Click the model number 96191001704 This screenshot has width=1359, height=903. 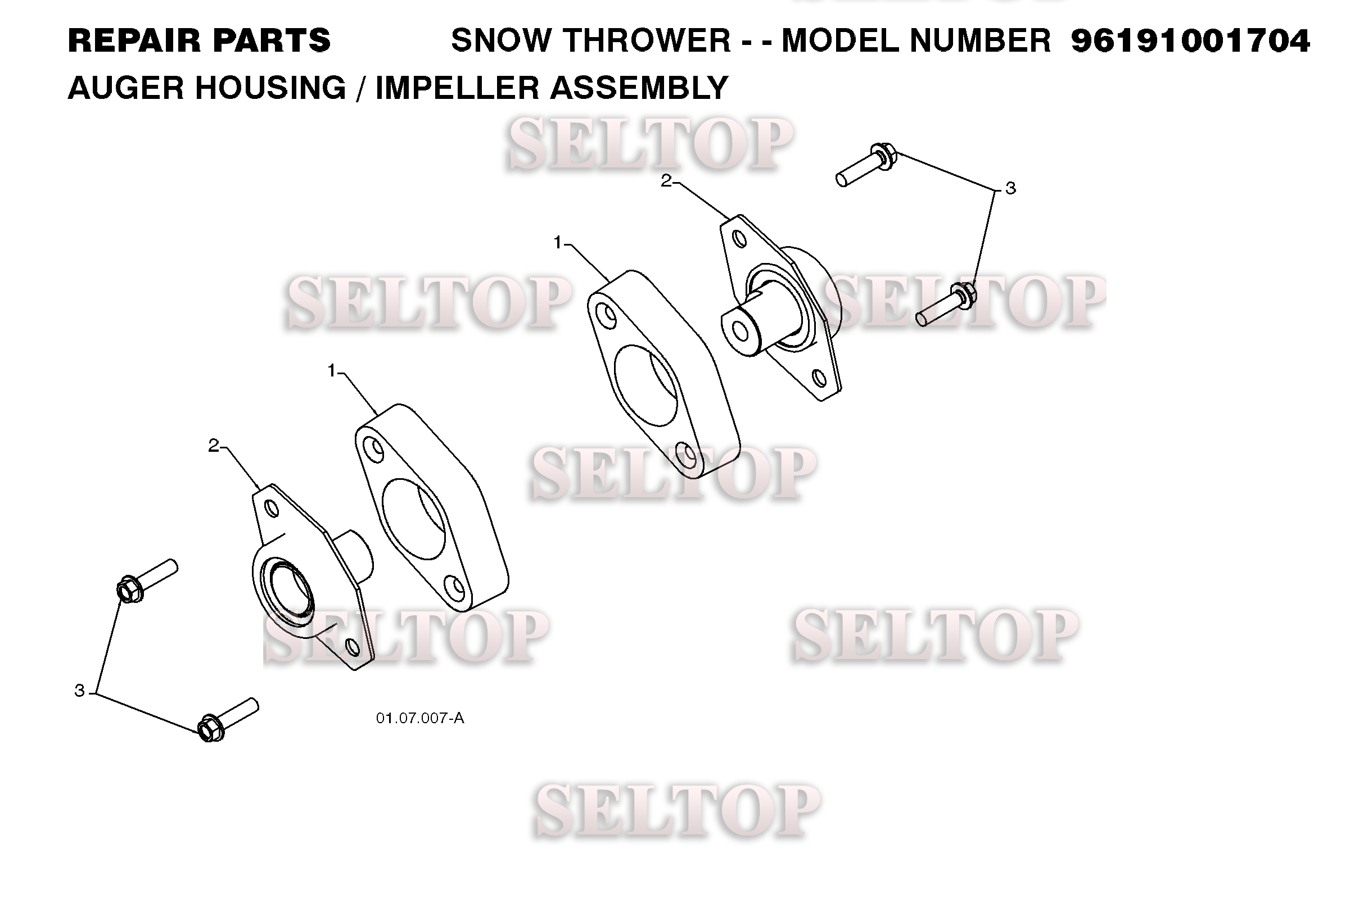click(1190, 41)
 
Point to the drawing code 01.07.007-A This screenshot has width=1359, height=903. click(420, 718)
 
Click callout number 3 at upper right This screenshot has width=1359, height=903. click(1010, 188)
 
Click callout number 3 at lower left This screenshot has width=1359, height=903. click(79, 691)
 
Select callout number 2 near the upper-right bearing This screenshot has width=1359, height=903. click(666, 181)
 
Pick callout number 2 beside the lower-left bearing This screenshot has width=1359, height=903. click(214, 446)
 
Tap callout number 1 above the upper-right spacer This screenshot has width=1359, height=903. click(557, 243)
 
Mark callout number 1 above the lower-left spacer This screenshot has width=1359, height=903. click(331, 371)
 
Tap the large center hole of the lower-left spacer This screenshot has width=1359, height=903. click(413, 519)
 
